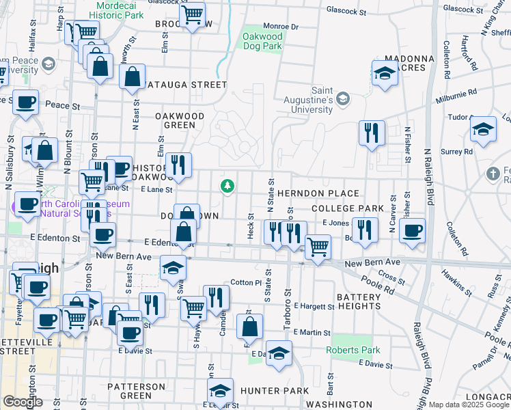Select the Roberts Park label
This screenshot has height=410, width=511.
(x=353, y=351)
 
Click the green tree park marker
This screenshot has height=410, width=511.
(x=227, y=186)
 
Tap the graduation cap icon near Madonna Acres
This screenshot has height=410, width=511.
(x=385, y=74)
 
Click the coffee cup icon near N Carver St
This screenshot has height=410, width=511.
(x=412, y=231)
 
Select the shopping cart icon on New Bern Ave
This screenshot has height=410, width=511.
(x=318, y=247)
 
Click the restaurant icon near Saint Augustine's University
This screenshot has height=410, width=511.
(x=372, y=133)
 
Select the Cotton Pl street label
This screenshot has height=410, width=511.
(x=246, y=282)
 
